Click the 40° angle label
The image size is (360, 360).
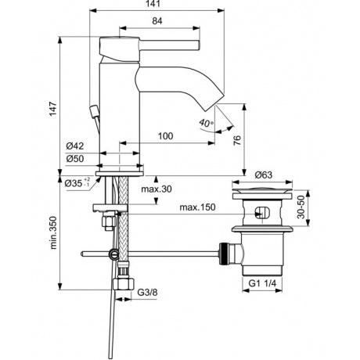[x=205, y=124]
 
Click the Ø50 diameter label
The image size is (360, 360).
[x=76, y=160]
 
